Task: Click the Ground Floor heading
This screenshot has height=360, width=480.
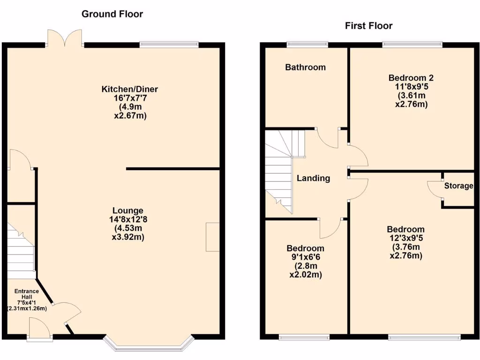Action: point(112,14)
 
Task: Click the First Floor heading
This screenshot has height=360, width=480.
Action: point(368,26)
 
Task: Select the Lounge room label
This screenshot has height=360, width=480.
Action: point(127,211)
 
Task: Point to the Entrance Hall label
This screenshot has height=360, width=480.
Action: point(26,294)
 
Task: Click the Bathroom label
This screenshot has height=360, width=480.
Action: point(305,67)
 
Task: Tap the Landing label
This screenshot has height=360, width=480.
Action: point(313,178)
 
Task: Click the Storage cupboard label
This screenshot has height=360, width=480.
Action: point(458,186)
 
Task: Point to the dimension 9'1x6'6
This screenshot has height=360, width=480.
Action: point(306,257)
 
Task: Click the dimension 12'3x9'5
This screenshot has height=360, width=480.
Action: point(406,238)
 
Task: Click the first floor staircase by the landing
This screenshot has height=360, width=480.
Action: point(280,171)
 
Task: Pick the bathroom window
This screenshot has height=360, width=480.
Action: point(307,45)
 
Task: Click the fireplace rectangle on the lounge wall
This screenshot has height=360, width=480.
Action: point(213,237)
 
